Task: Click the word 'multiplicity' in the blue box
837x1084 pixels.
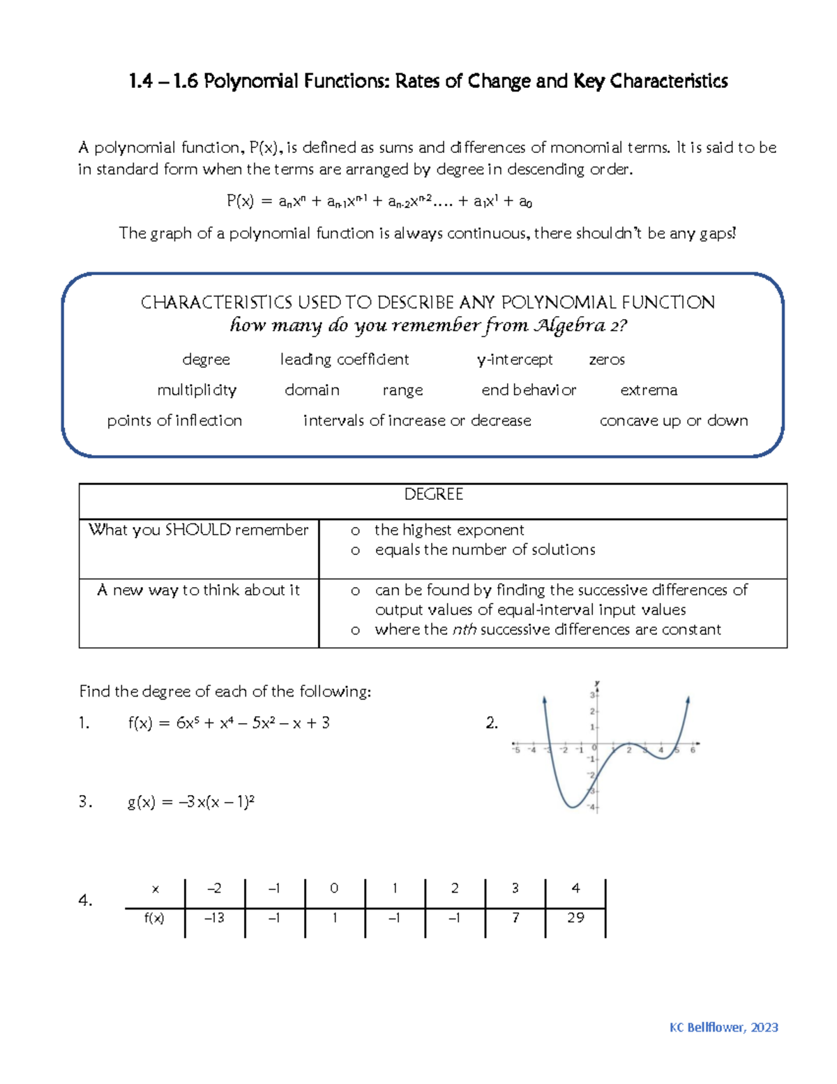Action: point(197,390)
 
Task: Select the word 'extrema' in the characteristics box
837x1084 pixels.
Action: point(649,390)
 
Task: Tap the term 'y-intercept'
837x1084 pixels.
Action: point(515,359)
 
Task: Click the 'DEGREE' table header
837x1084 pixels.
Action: point(433,494)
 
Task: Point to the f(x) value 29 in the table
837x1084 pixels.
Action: point(575,918)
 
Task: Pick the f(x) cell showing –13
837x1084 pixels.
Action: point(214,918)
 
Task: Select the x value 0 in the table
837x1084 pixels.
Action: point(334,888)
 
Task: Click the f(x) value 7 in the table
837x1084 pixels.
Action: point(515,918)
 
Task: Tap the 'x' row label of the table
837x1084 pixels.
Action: point(155,889)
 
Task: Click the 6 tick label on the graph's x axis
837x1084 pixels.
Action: point(693,750)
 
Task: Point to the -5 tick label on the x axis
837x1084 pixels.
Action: point(516,750)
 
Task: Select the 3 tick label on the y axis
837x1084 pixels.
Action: point(592,695)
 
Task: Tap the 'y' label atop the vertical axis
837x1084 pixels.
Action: point(597,683)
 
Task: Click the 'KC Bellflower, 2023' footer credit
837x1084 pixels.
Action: point(723,1027)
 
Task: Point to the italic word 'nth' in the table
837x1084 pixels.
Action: point(464,630)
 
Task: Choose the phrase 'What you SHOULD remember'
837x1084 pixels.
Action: point(198,530)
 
